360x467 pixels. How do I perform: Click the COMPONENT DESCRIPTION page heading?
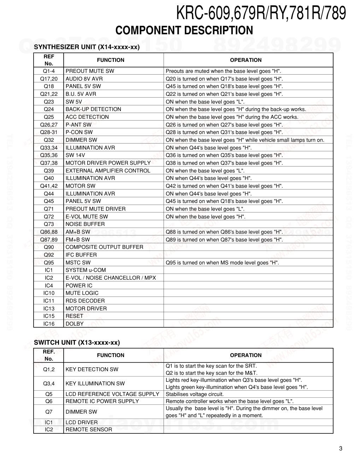click(184, 31)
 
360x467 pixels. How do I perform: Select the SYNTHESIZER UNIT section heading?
click(87, 47)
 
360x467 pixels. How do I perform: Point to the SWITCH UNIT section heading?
click(77, 342)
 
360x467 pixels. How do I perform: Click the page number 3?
click(340, 449)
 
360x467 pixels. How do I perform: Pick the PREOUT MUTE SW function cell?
click(90, 71)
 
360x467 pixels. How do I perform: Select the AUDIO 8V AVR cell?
click(84, 79)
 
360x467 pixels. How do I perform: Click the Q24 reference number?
click(49, 109)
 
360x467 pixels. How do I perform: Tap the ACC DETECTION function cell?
click(87, 117)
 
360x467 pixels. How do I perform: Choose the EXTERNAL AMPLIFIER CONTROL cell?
click(108, 170)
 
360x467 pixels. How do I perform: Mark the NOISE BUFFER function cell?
click(85, 224)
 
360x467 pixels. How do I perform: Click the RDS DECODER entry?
click(85, 301)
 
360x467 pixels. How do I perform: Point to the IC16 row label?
click(49, 324)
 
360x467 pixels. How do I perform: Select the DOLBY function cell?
click(75, 324)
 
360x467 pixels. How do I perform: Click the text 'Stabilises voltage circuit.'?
click(195, 394)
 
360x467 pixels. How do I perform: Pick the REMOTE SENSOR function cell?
click(89, 430)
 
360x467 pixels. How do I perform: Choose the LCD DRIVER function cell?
click(82, 422)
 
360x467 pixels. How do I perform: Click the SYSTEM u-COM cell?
click(85, 270)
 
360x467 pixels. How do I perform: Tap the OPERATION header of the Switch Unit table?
click(246, 355)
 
